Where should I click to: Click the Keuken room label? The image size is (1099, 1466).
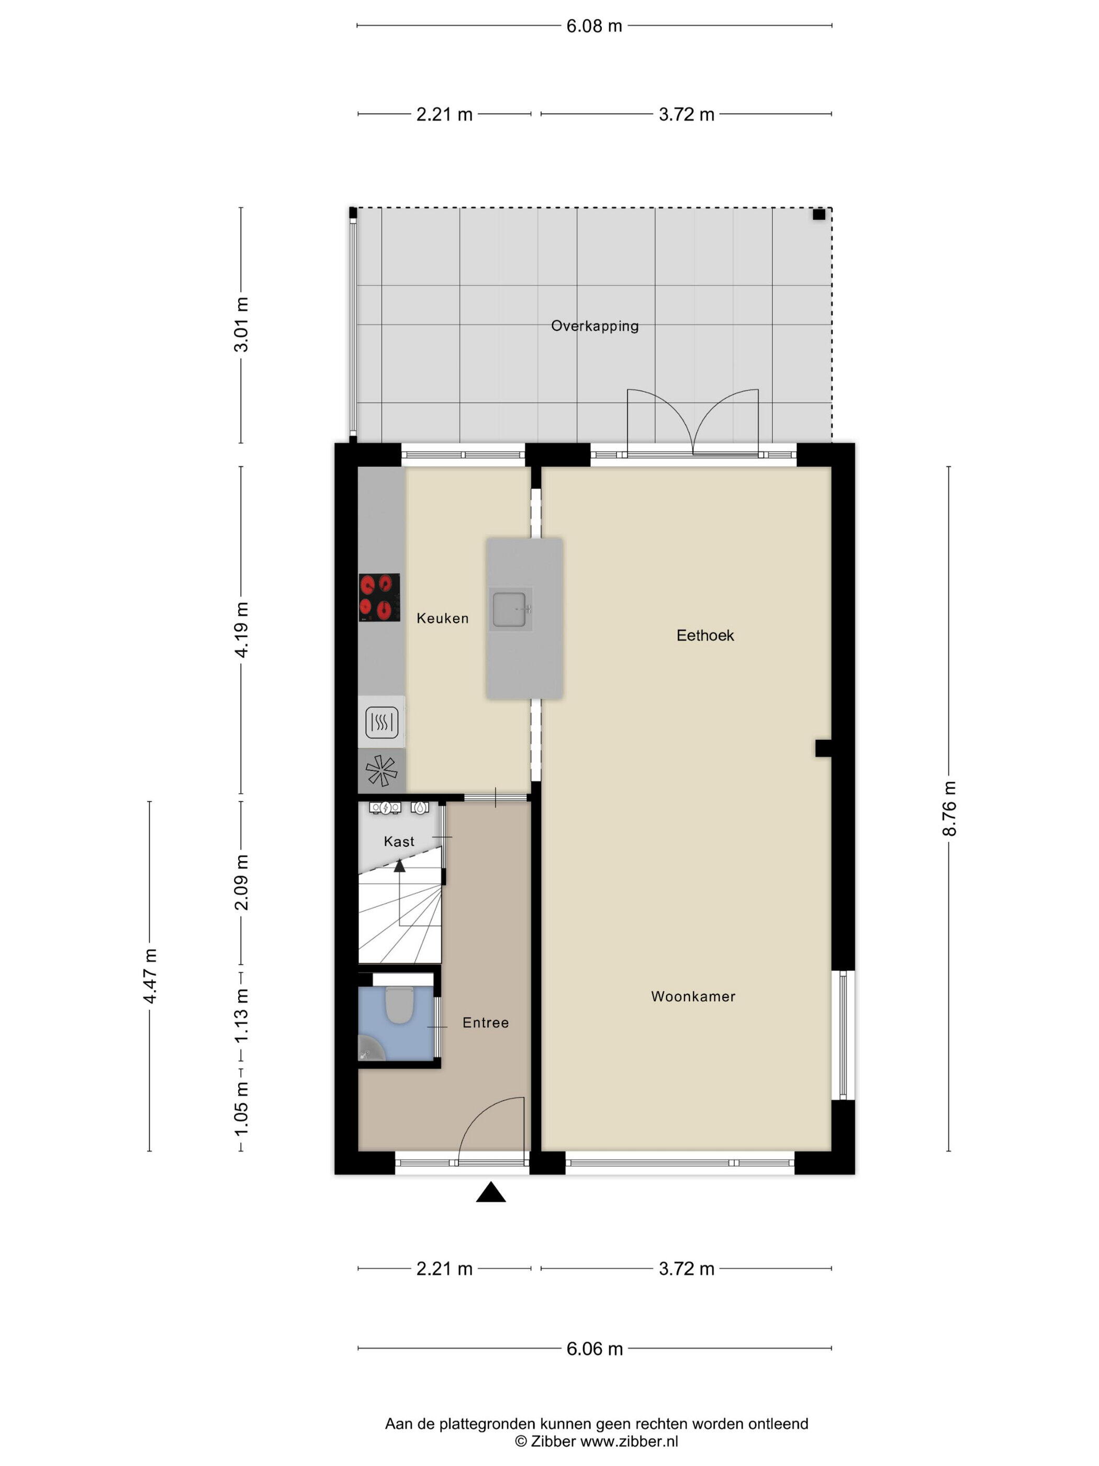tap(443, 618)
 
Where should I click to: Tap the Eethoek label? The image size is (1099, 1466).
tap(705, 636)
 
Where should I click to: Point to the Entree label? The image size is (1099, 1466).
tap(486, 1023)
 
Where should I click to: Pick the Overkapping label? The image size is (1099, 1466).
tap(595, 326)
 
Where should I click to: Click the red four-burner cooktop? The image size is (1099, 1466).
tap(379, 597)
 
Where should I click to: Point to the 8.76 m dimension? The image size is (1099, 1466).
tap(949, 808)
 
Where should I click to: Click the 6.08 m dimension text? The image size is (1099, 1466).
tap(594, 26)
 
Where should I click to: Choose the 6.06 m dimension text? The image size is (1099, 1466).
tap(594, 1349)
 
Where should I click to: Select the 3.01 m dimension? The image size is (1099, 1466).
tap(241, 325)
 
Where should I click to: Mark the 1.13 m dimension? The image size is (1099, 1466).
tap(241, 1015)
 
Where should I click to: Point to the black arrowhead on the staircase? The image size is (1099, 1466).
tap(399, 865)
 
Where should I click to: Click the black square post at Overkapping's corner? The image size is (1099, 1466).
tap(819, 214)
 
